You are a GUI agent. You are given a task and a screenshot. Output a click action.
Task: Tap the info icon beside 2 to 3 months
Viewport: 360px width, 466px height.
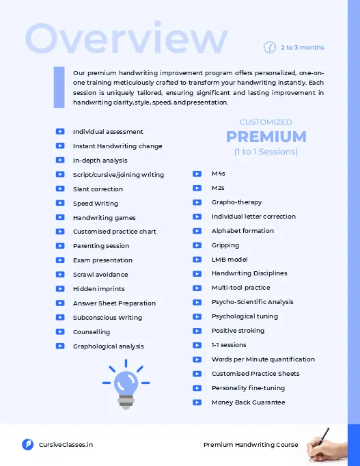(x=269, y=47)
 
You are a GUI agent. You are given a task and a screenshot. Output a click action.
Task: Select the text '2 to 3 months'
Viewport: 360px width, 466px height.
(x=302, y=48)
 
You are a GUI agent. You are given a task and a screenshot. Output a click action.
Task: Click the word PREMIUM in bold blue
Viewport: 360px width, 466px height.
(x=266, y=137)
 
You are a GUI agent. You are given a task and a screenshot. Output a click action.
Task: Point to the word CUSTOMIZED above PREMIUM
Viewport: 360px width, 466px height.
(x=266, y=122)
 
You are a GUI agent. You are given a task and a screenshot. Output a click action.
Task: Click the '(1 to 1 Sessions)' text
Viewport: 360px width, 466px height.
(x=266, y=152)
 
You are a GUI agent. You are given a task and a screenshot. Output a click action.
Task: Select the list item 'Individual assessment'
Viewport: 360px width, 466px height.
(x=108, y=132)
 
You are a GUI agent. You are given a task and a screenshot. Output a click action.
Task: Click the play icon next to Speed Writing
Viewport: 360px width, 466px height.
(x=60, y=203)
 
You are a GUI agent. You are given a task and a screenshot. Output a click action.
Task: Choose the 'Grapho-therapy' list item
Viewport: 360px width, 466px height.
(x=236, y=202)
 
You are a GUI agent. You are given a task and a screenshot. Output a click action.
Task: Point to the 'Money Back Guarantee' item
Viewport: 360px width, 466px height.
(x=248, y=402)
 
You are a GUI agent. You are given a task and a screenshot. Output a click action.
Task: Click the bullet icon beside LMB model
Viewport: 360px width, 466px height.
(x=197, y=260)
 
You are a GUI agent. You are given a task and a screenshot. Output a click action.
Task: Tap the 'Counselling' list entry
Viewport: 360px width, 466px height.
(x=92, y=332)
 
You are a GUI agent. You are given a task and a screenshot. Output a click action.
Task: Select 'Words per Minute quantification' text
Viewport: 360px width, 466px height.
(x=263, y=359)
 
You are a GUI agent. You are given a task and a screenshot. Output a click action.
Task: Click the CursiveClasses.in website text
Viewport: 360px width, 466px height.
(x=66, y=445)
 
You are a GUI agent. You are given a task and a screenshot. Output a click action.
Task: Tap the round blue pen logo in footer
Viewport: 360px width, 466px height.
(x=28, y=445)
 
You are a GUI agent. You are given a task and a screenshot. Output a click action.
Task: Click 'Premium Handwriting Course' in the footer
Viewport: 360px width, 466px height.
(x=251, y=445)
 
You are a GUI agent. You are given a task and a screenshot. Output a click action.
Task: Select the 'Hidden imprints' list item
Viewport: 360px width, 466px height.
(x=98, y=289)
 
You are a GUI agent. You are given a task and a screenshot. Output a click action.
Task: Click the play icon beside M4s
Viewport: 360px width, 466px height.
(x=197, y=174)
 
